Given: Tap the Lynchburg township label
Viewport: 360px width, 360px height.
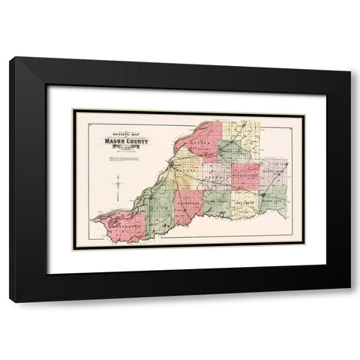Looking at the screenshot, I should [120, 223].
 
